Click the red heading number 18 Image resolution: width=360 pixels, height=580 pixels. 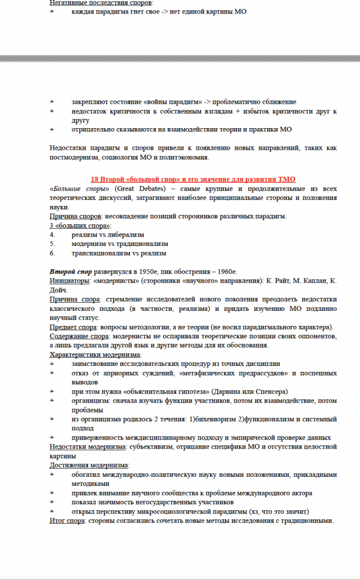pos(95,179)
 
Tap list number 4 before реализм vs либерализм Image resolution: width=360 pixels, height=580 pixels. pos(52,235)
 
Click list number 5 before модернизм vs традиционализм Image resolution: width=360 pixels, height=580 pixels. pos(52,244)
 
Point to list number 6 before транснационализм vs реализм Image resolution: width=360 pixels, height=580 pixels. pos(52,253)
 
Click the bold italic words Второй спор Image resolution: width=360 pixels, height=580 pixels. pos(70,271)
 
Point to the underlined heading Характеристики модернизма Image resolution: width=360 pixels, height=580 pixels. pos(95,355)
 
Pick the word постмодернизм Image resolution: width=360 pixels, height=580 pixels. pos(74,157)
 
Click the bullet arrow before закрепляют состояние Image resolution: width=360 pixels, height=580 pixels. pos(52,102)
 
